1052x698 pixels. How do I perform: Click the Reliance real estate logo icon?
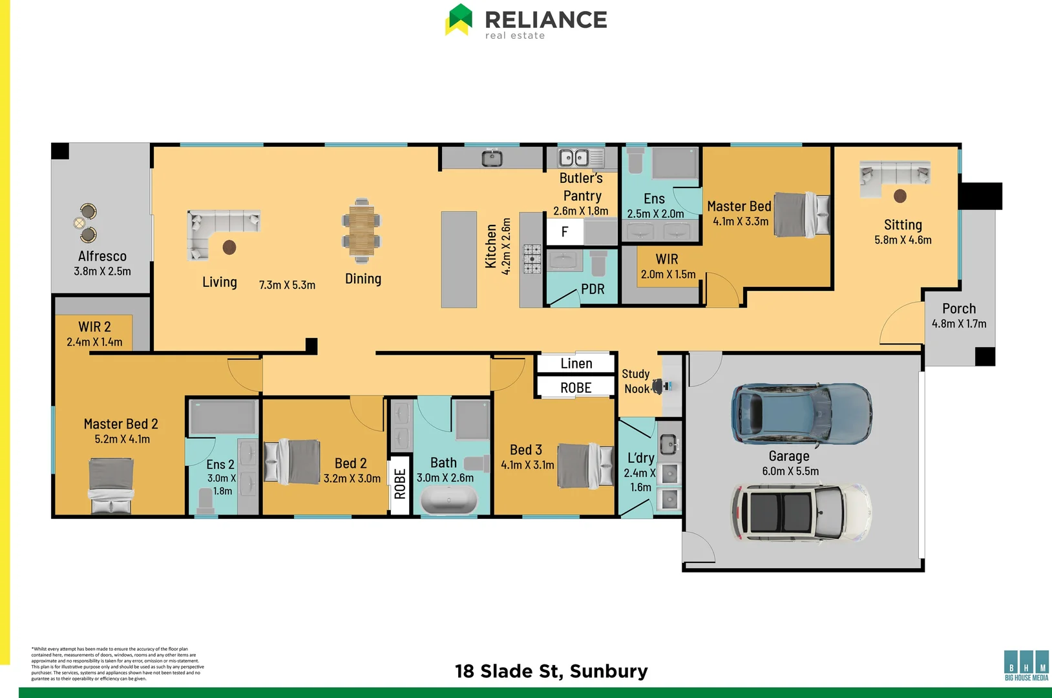(459, 19)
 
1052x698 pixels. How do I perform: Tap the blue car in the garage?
(801, 414)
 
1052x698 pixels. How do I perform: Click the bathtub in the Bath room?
(449, 500)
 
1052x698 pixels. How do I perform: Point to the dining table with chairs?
(361, 231)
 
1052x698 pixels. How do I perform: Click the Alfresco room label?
(102, 257)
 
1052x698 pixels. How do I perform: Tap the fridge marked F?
(565, 232)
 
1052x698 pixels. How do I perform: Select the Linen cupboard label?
(576, 364)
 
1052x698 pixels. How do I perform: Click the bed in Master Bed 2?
(110, 485)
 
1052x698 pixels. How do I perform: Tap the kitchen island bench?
(459, 259)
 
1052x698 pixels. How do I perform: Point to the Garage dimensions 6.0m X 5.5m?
(790, 471)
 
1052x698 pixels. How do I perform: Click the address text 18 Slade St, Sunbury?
(551, 672)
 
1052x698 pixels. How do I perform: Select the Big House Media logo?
(1026, 665)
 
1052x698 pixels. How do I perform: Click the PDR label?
(593, 290)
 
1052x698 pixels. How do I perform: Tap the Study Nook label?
(636, 381)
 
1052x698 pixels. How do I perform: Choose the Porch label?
(959, 309)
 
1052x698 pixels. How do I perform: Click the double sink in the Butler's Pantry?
(573, 158)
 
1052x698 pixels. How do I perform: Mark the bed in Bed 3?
(585, 465)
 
